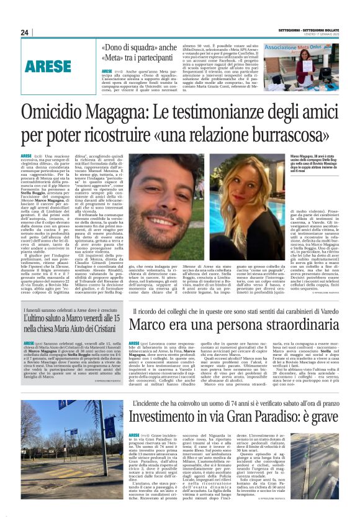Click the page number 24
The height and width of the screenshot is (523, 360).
tap(25, 32)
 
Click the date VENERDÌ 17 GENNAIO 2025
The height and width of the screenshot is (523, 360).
tap(322, 34)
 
